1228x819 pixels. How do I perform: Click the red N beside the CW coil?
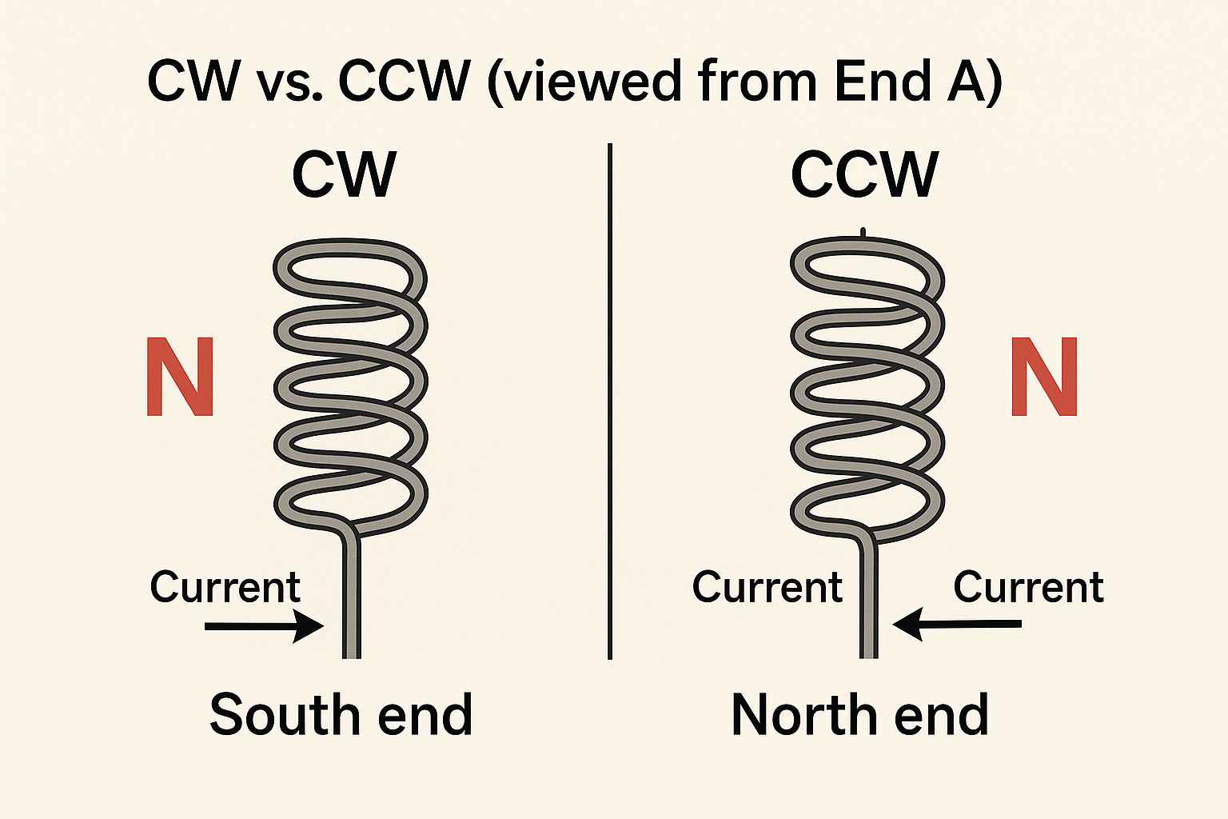pos(180,377)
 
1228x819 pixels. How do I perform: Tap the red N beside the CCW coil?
pos(1044,377)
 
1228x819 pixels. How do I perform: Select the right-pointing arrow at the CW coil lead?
pos(264,625)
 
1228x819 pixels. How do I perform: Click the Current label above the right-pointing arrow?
pos(225,588)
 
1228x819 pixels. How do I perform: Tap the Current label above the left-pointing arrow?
pos(1028,588)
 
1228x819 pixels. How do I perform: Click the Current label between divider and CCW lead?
pos(767,588)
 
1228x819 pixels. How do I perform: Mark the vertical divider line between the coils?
pos(610,400)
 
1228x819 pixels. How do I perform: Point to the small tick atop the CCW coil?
pos(863,233)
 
